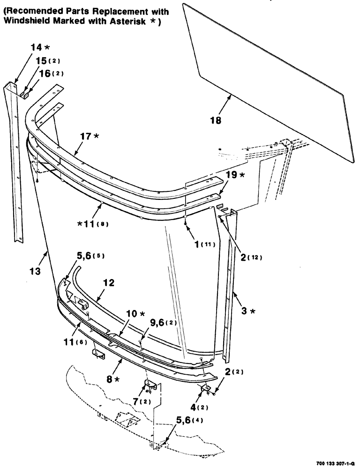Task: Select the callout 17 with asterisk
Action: point(89,136)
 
